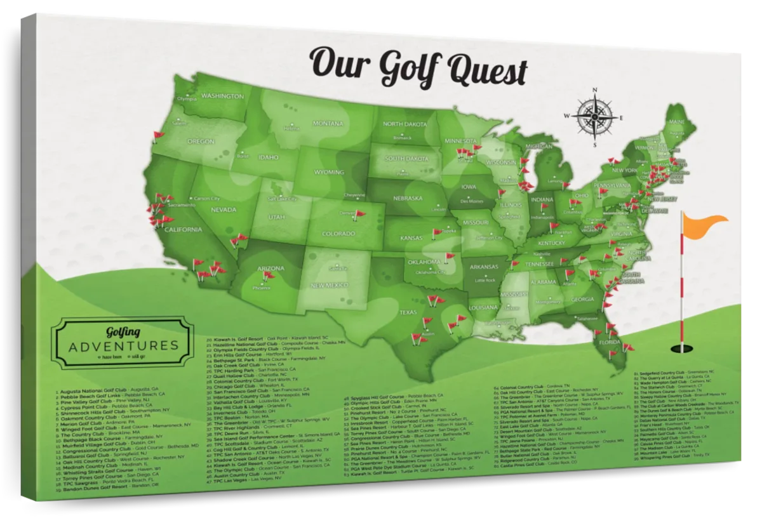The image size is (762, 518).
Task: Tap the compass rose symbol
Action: tap(596, 117)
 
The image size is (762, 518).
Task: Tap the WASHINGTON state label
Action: tap(222, 96)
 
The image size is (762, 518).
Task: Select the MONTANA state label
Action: tap(328, 123)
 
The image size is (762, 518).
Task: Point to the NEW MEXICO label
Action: tap(328, 286)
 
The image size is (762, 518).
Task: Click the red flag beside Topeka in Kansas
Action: tap(438, 232)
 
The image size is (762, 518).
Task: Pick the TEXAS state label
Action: tap(408, 312)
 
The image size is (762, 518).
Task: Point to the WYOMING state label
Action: tap(328, 171)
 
